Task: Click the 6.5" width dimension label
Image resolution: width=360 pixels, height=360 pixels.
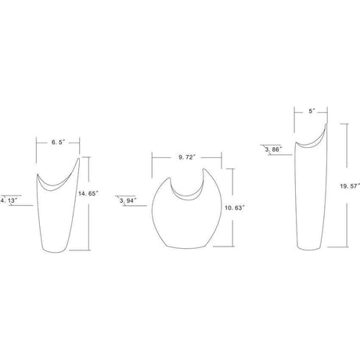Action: pyautogui.click(x=58, y=142)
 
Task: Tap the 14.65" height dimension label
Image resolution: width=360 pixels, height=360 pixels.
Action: pyautogui.click(x=88, y=193)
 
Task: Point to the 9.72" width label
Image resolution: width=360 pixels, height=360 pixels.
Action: pyautogui.click(x=187, y=157)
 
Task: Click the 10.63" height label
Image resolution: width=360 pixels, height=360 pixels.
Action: pyautogui.click(x=235, y=207)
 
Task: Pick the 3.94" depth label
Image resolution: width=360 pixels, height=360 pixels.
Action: pyautogui.click(x=128, y=200)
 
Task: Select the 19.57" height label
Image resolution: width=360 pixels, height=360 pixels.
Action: pyautogui.click(x=350, y=186)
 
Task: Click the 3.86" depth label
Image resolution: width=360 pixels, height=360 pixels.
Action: pyautogui.click(x=274, y=149)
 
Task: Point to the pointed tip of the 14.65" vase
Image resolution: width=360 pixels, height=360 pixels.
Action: pyautogui.click(x=79, y=158)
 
